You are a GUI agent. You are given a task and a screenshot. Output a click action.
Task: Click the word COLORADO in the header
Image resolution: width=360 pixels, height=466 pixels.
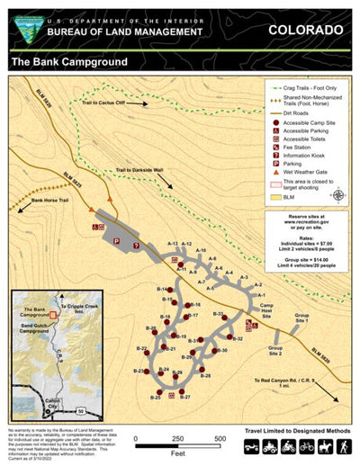click(305, 31)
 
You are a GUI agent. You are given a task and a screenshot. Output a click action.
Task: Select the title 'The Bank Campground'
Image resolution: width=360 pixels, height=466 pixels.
click(68, 62)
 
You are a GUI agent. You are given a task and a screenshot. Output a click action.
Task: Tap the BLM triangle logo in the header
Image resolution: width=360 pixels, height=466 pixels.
click(21, 27)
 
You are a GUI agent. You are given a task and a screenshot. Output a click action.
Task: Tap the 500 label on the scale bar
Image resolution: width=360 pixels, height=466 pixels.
click(220, 438)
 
